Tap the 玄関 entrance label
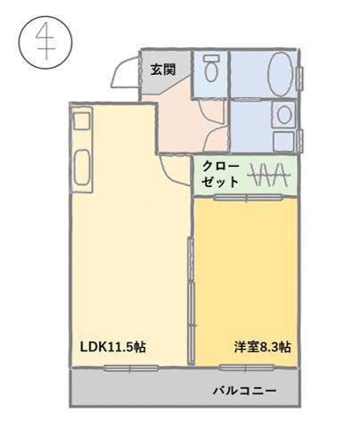pyautogui.click(x=162, y=69)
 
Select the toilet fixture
pyautogui.click(x=211, y=70)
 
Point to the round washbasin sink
pyautogui.click(x=283, y=113)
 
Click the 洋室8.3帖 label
pyautogui.click(x=262, y=347)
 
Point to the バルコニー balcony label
pyautogui.click(x=244, y=391)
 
